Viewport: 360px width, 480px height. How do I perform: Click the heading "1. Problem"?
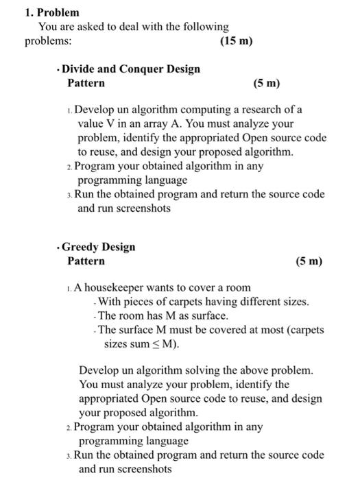pyautogui.click(x=51, y=12)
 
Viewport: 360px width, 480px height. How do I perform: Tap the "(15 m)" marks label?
pyautogui.click(x=237, y=41)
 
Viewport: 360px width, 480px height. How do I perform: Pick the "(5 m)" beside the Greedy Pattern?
pyautogui.click(x=308, y=261)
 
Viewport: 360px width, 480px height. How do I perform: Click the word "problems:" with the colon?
pyautogui.click(x=47, y=41)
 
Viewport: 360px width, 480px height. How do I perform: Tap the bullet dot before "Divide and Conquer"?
pyautogui.click(x=60, y=69)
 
